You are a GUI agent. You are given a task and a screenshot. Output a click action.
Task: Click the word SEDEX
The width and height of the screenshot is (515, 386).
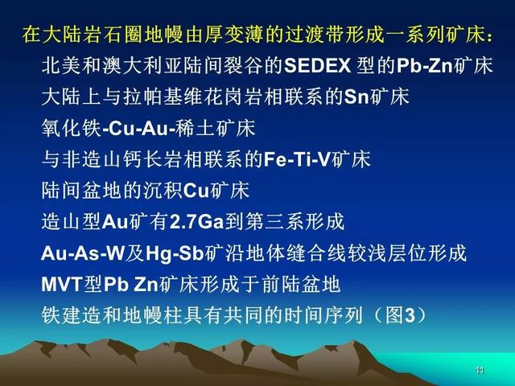click(x=317, y=66)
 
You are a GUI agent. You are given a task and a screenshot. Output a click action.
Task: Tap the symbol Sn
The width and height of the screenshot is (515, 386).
click(x=356, y=96)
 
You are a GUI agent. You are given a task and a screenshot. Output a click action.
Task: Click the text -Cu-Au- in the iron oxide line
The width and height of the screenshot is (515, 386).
click(x=138, y=128)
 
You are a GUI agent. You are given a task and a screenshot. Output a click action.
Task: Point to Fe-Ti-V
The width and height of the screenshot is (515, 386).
click(x=297, y=159)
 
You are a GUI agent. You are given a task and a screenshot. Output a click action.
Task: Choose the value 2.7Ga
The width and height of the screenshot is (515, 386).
click(x=196, y=222)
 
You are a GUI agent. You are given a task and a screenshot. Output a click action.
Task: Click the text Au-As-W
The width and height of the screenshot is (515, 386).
click(x=83, y=253)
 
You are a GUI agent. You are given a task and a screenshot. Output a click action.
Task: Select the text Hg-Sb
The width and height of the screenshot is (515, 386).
click(x=175, y=253)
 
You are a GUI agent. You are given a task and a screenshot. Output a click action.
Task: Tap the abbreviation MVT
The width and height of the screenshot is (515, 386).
click(x=62, y=284)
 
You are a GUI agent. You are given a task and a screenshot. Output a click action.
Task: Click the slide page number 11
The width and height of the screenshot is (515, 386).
click(x=480, y=371)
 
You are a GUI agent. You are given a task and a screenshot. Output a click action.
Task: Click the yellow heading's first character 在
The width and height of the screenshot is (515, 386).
click(x=31, y=35)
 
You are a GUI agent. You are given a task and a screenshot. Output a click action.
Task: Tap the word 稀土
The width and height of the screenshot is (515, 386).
click(x=195, y=128)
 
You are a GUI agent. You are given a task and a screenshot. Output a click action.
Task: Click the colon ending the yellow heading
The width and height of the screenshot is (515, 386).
click(x=490, y=35)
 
